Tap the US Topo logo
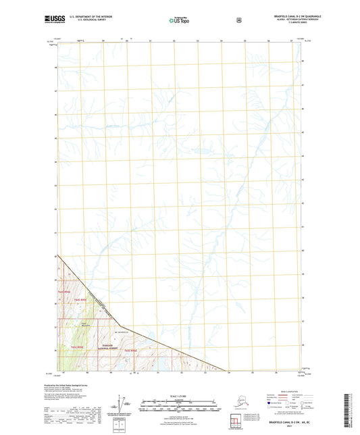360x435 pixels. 180,21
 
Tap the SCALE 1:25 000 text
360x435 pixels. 180,394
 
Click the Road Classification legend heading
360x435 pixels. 280,391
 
